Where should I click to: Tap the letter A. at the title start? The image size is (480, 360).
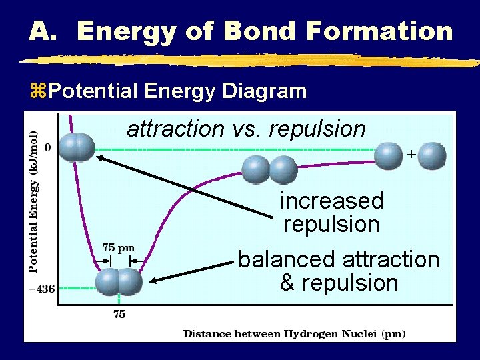(x=46, y=31)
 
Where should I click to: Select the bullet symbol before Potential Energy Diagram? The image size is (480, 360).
(x=37, y=91)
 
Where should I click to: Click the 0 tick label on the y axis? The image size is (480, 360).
(x=47, y=147)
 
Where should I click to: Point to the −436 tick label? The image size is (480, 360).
(x=41, y=289)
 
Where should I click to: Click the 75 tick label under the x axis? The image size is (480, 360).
(x=119, y=315)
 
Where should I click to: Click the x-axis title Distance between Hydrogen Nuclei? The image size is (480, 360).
(x=294, y=333)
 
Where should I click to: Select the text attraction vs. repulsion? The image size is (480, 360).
(x=246, y=129)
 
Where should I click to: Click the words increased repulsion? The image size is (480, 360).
(x=331, y=212)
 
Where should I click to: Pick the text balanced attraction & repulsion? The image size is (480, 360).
(x=339, y=271)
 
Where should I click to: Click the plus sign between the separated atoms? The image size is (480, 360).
(x=411, y=154)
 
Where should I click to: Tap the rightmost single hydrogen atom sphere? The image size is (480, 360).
(x=433, y=156)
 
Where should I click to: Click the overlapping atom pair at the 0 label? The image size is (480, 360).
(x=76, y=147)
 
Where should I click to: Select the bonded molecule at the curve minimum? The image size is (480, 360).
(x=119, y=281)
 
